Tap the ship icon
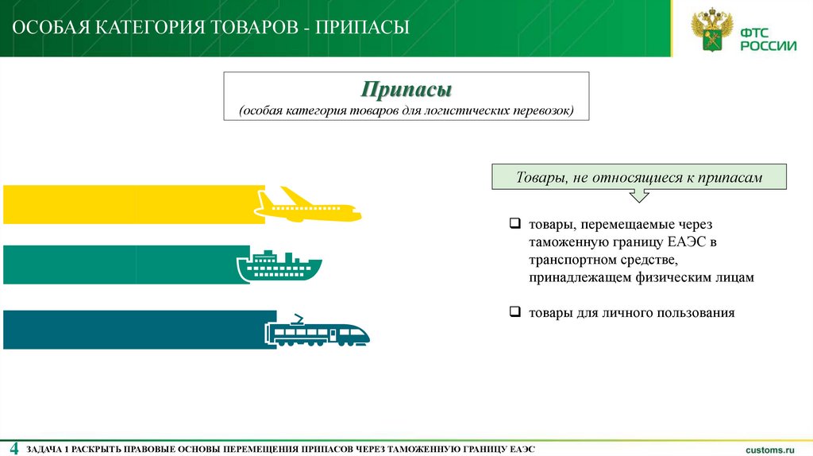279,266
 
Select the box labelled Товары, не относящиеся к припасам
639,178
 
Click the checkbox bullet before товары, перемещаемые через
514,225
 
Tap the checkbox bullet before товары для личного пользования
514,313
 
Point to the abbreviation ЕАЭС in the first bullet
688,242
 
